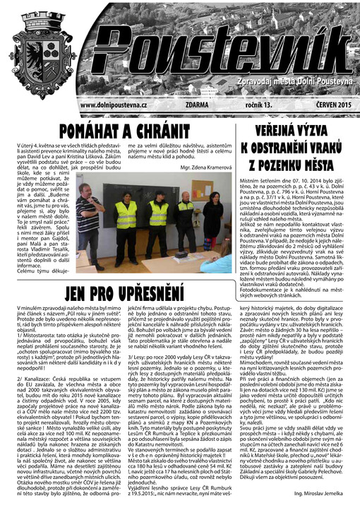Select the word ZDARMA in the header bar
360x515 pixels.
click(x=195, y=105)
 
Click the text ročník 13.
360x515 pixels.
click(x=258, y=105)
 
